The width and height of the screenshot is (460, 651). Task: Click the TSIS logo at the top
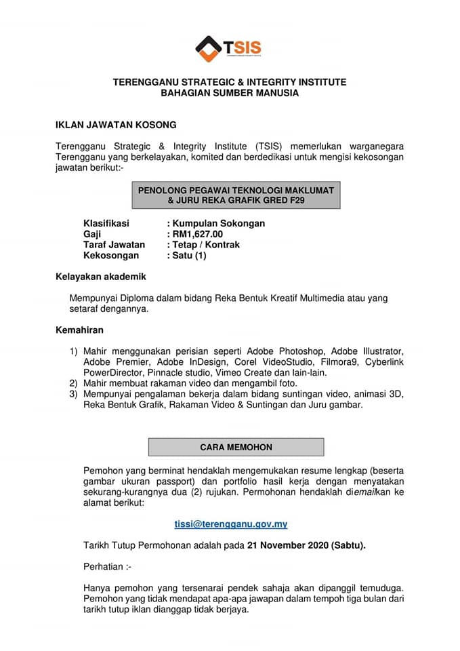(x=228, y=47)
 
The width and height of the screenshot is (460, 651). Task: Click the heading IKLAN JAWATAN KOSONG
(x=116, y=125)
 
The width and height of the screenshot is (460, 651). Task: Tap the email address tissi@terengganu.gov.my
(x=231, y=524)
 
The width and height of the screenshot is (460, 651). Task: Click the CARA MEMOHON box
(x=236, y=448)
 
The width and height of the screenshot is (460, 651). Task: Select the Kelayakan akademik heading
(x=100, y=277)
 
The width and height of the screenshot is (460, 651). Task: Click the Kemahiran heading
(x=79, y=330)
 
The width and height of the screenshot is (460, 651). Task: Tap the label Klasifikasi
(x=106, y=223)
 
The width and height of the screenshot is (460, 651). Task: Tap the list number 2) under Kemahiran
(x=74, y=384)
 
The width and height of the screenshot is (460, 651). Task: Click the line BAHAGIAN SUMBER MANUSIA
(x=229, y=93)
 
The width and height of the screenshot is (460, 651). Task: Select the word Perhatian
(x=105, y=566)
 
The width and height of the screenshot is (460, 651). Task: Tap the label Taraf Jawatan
(x=114, y=244)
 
